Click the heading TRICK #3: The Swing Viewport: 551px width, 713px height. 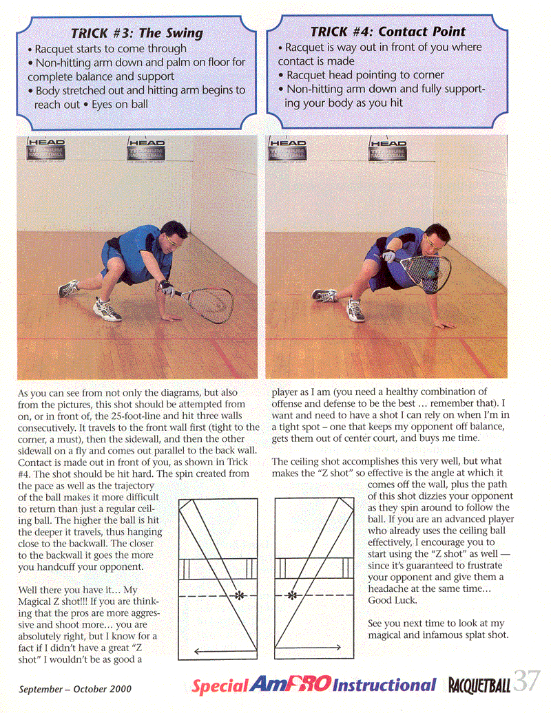[138, 33]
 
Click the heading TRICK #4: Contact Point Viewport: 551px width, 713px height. [388, 32]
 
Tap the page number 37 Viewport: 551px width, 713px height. [527, 681]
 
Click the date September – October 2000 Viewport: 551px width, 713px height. [75, 688]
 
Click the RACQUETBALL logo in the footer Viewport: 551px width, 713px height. [479, 685]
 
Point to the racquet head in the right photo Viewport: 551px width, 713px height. [426, 271]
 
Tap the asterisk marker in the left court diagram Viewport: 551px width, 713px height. [239, 595]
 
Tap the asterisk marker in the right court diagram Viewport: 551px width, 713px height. [291, 595]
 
